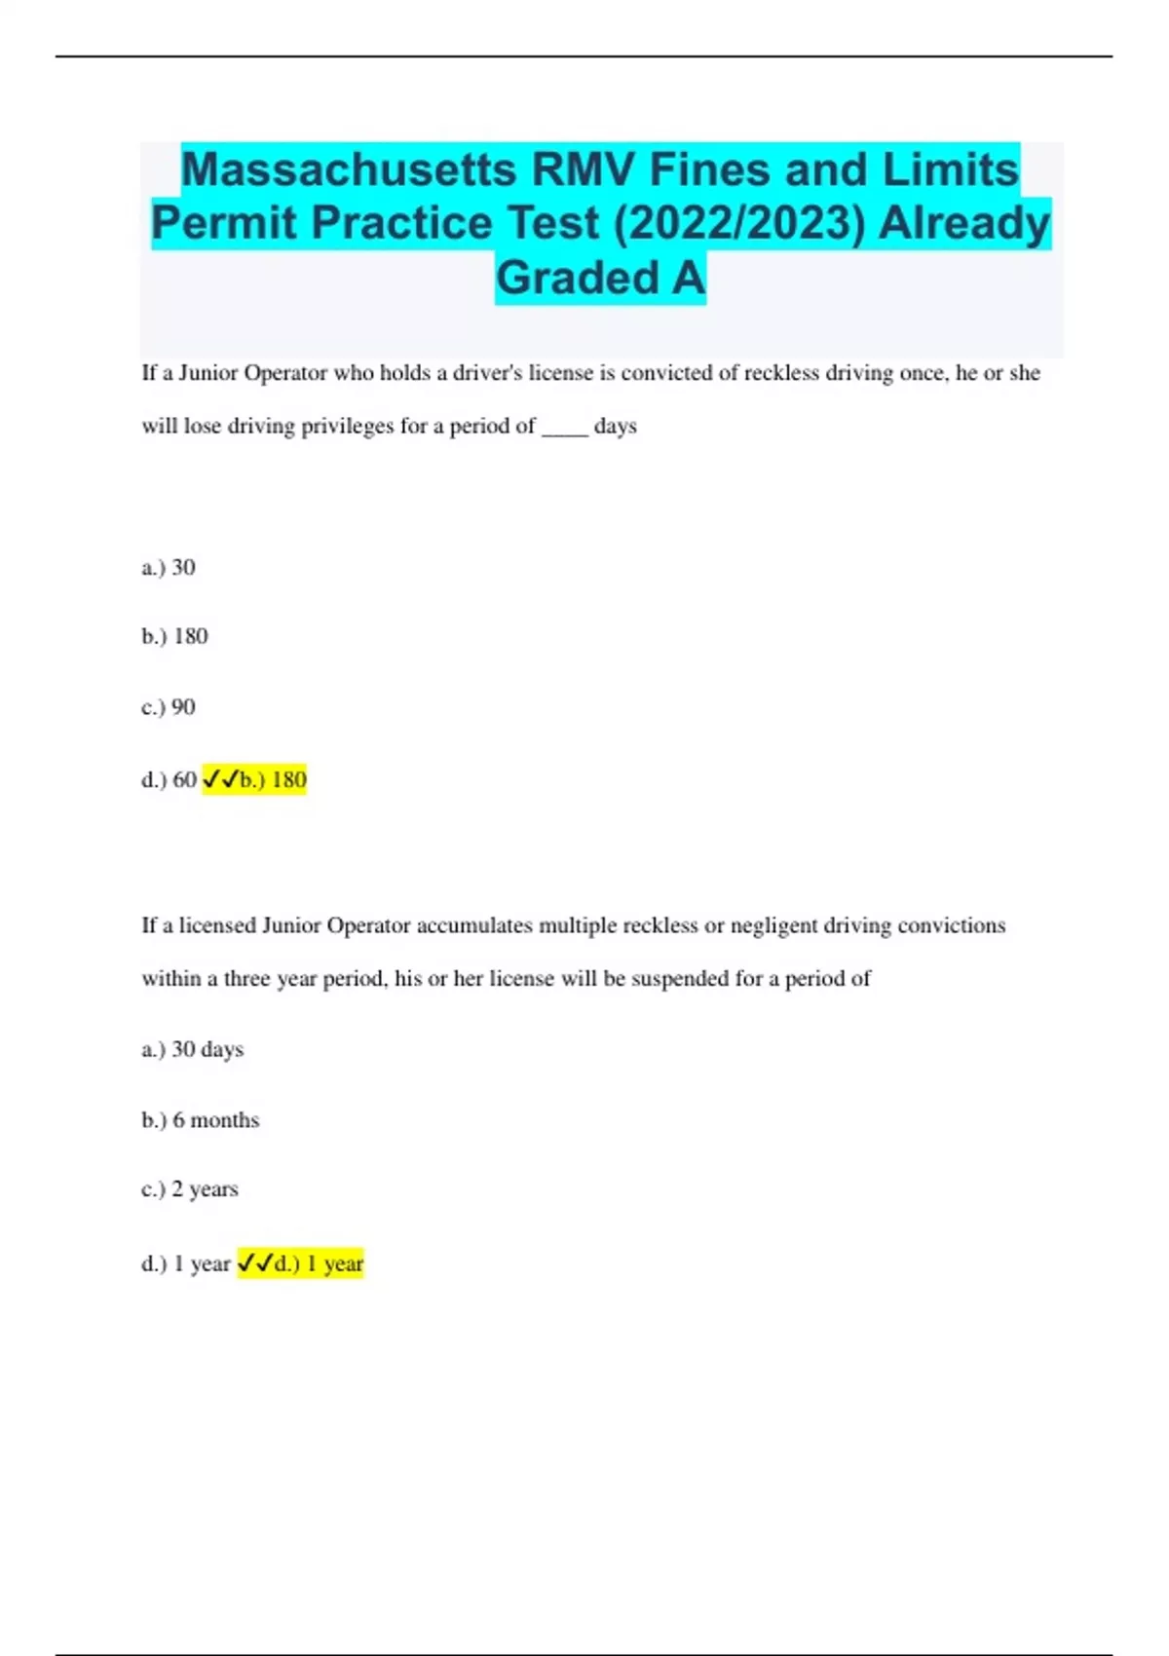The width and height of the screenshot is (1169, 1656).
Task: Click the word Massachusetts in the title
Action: [x=349, y=169]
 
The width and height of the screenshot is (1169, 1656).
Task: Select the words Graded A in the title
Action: [x=600, y=278]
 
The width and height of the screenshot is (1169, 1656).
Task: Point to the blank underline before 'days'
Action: [x=564, y=428]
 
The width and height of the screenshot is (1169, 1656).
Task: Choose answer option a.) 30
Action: [x=169, y=567]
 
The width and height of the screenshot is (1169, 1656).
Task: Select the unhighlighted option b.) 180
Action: [x=175, y=636]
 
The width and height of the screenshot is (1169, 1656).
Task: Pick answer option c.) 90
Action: [x=169, y=706]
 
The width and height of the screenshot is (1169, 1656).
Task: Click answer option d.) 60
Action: [x=170, y=779]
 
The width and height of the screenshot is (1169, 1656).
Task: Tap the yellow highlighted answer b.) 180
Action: [x=273, y=779]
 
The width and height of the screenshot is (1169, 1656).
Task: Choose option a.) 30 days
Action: [x=193, y=1049]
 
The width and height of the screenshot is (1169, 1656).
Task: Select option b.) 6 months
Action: [x=201, y=1120]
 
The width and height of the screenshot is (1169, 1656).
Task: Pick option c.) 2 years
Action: [x=190, y=1189]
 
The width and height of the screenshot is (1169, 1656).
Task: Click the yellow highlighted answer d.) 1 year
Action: [x=319, y=1263]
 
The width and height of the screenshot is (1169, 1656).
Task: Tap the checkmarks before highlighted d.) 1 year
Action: [x=255, y=1263]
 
